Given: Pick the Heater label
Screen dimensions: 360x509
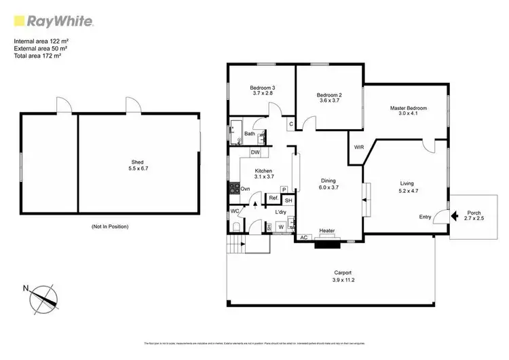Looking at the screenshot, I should point(327,231).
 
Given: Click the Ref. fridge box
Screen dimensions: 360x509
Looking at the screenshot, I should point(274,198).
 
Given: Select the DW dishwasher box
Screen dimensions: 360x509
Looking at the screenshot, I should point(255,152).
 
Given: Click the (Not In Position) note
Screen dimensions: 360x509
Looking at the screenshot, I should point(109,226).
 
